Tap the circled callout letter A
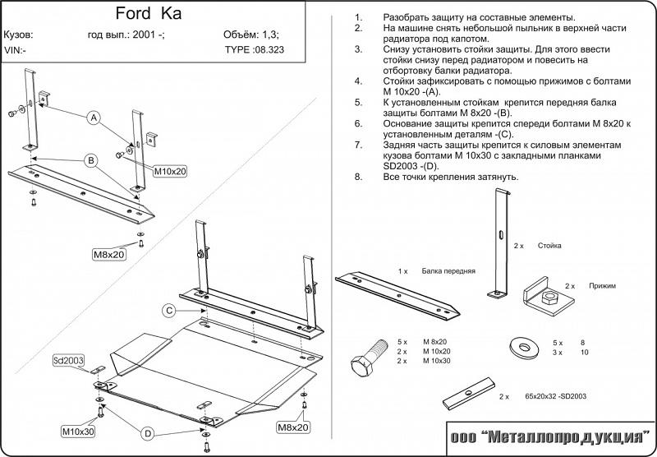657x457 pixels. [x=94, y=118]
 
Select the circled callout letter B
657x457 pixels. [x=92, y=159]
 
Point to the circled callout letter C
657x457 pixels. [x=168, y=310]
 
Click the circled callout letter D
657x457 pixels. [x=148, y=433]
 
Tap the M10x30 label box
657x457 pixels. [x=78, y=431]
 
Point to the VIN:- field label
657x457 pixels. [x=14, y=49]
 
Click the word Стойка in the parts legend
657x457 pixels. [x=550, y=246]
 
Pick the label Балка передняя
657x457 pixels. [x=449, y=270]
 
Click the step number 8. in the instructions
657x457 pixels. [x=358, y=177]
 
